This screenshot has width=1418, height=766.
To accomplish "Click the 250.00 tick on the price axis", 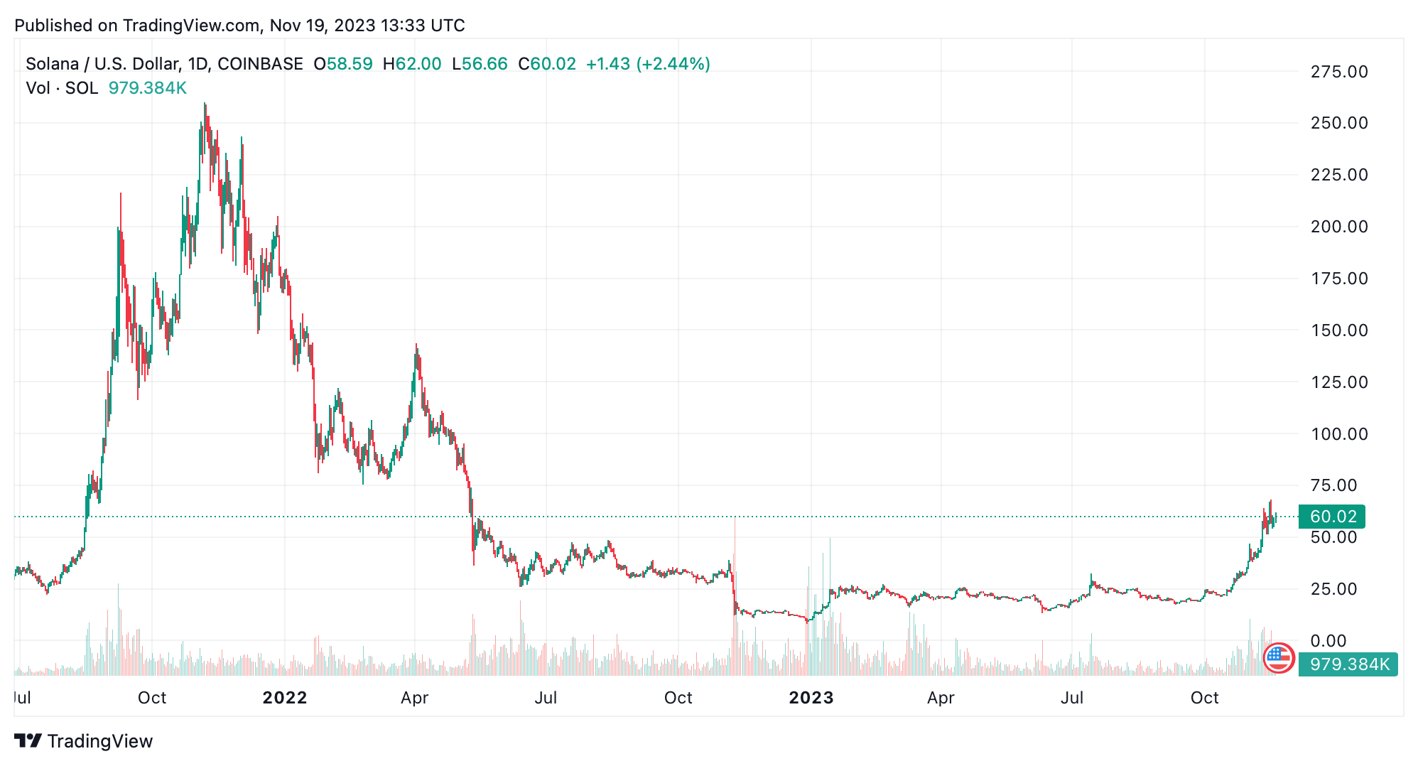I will (1338, 123).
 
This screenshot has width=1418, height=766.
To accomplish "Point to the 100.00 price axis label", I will (1338, 434).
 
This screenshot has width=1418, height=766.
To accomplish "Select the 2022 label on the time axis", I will (284, 698).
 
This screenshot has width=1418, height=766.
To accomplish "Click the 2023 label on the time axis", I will (811, 698).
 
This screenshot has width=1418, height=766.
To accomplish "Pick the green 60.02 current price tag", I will (1332, 517).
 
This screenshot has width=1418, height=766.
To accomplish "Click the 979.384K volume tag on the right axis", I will (1348, 664).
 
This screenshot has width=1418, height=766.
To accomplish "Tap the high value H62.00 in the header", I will (412, 64).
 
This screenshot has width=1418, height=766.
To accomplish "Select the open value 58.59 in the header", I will (349, 64).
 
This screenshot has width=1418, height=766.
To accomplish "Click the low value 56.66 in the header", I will (485, 64).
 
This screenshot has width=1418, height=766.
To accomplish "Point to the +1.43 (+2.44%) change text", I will (647, 64).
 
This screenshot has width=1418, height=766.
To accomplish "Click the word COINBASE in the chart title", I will (260, 64).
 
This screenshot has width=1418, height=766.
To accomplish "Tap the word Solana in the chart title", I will (52, 64).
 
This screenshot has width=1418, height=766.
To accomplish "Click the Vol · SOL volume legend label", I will (62, 88).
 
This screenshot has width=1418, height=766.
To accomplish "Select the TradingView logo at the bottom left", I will (84, 741).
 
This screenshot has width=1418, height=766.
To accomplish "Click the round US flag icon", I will (1279, 658).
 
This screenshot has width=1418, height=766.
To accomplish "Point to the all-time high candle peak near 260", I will (205, 104).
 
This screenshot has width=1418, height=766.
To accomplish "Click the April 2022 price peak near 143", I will (416, 346).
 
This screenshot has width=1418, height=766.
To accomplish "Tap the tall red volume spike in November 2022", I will (735, 568).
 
